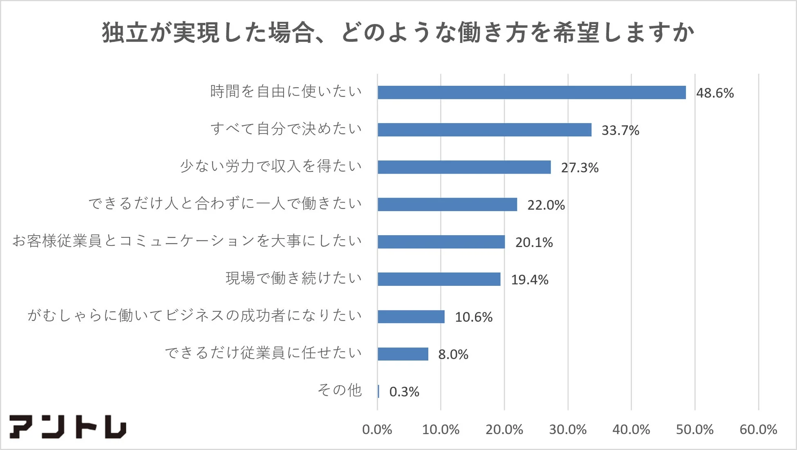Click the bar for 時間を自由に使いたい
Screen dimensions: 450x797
[531, 92]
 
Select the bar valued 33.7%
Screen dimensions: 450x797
[484, 130]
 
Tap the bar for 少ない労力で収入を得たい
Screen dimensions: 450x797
[464, 167]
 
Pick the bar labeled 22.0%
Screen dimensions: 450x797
[447, 205]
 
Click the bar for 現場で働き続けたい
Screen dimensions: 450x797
[439, 279]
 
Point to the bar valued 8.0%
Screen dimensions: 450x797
[403, 354]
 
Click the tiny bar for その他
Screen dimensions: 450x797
[378, 392]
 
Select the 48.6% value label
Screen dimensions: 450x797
[715, 93]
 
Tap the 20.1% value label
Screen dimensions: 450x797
[534, 243]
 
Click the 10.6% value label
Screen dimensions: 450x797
[474, 317]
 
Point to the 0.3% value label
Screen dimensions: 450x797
[404, 392]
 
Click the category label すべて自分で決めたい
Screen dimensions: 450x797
[286, 129]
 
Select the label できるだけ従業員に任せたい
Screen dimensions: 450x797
[263, 353]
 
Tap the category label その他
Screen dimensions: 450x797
[340, 390]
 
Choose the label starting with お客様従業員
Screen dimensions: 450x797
[187, 241]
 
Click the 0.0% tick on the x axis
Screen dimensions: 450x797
[377, 430]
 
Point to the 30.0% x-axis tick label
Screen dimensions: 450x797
[568, 430]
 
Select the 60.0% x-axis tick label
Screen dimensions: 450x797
[758, 430]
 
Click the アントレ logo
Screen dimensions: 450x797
[68, 427]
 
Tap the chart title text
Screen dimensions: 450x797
[398, 33]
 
